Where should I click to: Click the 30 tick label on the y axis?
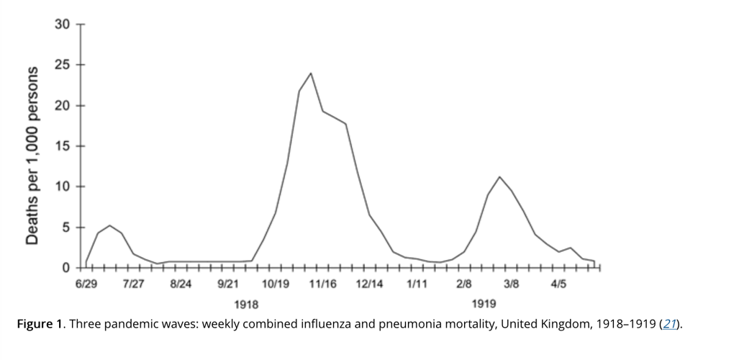click(63, 24)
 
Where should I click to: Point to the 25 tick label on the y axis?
click(63, 66)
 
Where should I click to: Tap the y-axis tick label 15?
click(63, 147)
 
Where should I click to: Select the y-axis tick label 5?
click(65, 228)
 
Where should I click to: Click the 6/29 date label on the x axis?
click(86, 284)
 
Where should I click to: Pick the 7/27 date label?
click(133, 284)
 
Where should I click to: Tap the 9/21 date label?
click(227, 284)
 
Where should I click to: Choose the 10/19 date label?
click(276, 284)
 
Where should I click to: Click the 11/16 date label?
click(322, 284)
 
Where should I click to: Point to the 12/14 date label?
click(370, 284)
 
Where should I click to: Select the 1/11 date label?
click(417, 284)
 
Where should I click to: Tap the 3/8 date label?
click(512, 284)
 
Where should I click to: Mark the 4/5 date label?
click(558, 284)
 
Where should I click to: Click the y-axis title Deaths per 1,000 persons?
click(32, 155)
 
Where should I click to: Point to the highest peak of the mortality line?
click(311, 73)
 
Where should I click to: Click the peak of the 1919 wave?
click(499, 176)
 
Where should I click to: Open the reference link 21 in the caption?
click(668, 324)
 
